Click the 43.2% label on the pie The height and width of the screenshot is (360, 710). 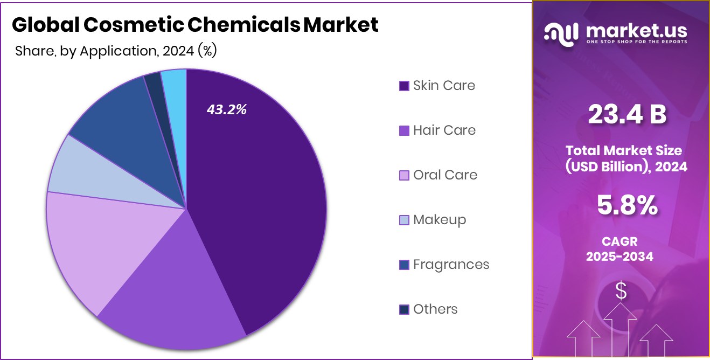(x=226, y=109)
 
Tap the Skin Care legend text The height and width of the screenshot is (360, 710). (x=444, y=86)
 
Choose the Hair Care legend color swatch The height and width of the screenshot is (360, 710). (x=404, y=131)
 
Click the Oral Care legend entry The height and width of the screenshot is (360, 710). (x=445, y=175)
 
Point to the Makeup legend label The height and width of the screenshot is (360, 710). (x=440, y=220)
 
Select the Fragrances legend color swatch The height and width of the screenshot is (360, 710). (x=404, y=265)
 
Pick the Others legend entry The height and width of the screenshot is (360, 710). (x=435, y=309)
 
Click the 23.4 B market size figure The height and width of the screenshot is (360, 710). (x=627, y=114)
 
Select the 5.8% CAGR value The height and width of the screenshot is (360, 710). (x=627, y=205)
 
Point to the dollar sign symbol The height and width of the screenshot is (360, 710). (x=621, y=292)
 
